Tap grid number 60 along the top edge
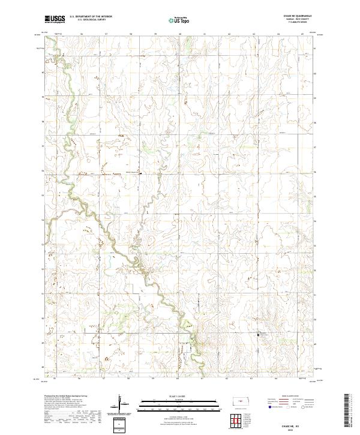pos(180,34)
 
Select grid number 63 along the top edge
pos(254,34)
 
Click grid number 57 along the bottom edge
pos(105,379)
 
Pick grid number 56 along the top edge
pos(80,34)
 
